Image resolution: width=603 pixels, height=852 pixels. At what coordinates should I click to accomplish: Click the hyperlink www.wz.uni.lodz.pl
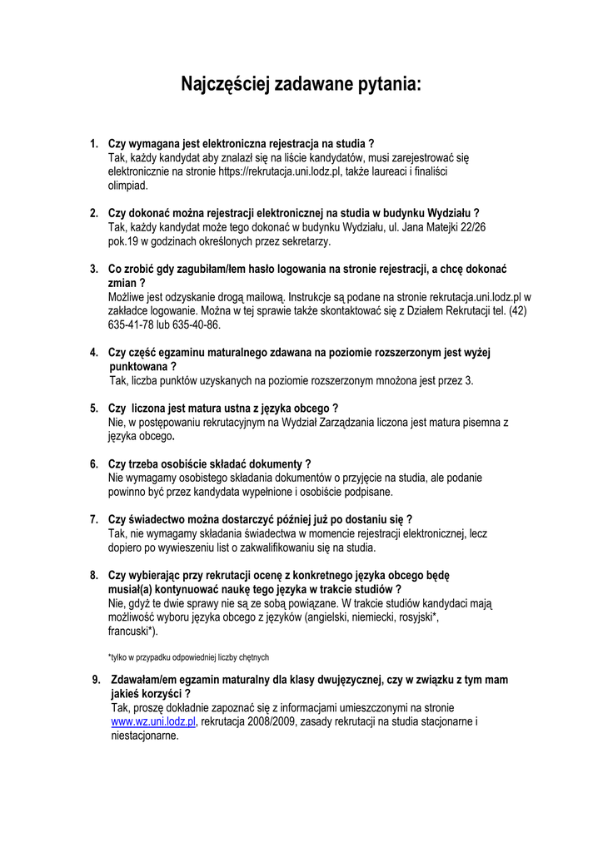pyautogui.click(x=153, y=721)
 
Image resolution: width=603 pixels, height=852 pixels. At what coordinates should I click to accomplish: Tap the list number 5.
pyautogui.click(x=94, y=409)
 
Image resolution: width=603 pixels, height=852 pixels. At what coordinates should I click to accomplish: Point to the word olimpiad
pyautogui.click(x=128, y=186)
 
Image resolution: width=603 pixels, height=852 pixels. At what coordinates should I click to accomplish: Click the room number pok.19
pyautogui.click(x=125, y=241)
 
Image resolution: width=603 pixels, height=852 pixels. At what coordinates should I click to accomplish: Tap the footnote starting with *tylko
pyautogui.click(x=188, y=657)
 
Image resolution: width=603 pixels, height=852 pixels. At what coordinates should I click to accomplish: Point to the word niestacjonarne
pyautogui.click(x=145, y=736)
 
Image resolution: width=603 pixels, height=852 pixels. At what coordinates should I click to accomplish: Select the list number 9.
pyautogui.click(x=96, y=680)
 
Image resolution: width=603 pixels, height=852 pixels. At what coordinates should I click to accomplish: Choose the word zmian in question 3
pyautogui.click(x=123, y=283)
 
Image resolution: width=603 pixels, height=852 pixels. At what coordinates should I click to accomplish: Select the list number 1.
pyautogui.click(x=94, y=143)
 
